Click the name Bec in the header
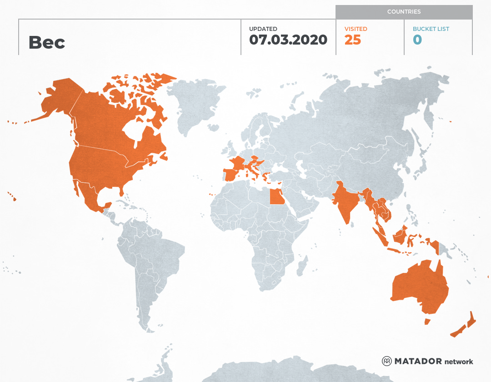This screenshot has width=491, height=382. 47,42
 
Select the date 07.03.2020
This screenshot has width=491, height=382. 288,40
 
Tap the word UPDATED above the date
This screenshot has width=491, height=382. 263,29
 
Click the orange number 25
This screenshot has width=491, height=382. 352,40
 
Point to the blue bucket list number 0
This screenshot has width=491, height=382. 417,40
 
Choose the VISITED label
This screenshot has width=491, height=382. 356,29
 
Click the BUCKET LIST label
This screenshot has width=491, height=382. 431,29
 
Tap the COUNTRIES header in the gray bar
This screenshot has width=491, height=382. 404,11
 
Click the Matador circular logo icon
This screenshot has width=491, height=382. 386,361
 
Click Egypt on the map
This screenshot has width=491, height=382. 276,197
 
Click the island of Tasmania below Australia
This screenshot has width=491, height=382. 427,322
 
